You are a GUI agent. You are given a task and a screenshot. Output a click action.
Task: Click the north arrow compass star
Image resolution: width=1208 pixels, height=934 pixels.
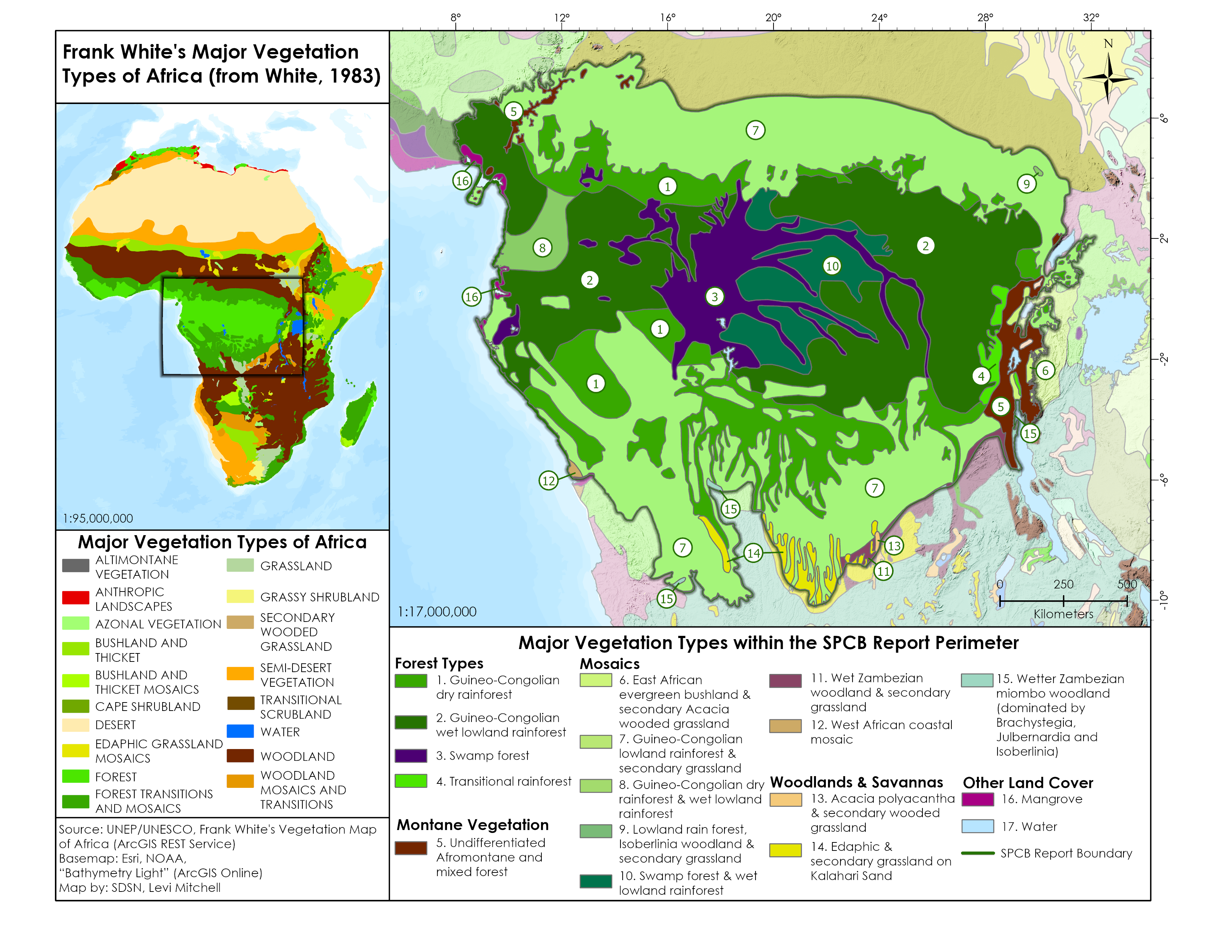1108,79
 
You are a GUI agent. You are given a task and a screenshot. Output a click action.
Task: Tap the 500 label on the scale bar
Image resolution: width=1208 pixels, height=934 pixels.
1127,584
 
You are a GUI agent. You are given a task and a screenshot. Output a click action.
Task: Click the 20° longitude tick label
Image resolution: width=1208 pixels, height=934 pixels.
773,18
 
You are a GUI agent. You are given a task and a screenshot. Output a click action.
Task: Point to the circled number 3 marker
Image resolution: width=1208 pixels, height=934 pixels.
715,297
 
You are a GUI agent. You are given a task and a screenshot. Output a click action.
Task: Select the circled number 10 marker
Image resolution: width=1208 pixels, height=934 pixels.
832,266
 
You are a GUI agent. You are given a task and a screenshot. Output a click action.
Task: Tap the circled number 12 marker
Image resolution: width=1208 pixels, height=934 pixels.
548,480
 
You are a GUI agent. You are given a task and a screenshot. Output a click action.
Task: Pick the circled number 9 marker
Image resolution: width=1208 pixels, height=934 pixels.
1026,184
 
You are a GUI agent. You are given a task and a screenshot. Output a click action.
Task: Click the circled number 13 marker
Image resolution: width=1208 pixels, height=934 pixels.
894,546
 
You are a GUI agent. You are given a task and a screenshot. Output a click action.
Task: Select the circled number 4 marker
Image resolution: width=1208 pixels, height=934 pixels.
981,376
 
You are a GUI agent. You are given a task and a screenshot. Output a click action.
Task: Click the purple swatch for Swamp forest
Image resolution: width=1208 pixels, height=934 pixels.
410,756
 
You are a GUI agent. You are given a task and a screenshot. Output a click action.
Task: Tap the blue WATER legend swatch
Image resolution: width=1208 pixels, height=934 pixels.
240,731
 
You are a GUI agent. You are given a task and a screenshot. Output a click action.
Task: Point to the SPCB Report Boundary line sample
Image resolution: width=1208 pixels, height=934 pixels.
978,853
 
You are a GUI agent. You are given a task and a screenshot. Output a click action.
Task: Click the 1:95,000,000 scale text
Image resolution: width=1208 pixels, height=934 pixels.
97,518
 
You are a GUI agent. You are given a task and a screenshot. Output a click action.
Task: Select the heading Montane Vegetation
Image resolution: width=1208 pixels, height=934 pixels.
472,824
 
